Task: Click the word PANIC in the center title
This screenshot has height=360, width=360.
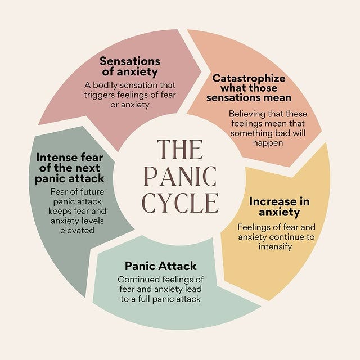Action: (179, 176)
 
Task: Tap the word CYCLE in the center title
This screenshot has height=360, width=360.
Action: (179, 202)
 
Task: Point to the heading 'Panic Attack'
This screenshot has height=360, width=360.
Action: (161, 265)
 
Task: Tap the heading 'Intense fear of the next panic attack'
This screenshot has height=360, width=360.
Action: (70, 168)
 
